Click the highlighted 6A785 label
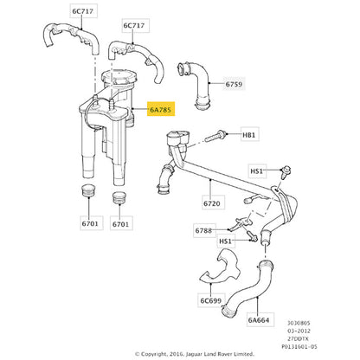161,109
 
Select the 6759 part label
234,84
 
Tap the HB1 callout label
248,135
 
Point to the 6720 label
212,203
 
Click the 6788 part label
203,230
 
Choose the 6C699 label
211,300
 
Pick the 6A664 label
259,319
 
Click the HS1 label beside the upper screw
257,171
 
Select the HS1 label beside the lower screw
225,241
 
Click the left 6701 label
90,223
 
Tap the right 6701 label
120,224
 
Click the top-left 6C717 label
82,11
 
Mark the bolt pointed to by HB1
215,137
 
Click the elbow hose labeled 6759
196,86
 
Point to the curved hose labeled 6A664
247,289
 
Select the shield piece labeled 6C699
222,268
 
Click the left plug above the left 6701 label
88,191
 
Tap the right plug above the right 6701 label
119,197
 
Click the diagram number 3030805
299,323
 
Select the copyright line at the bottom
195,354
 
